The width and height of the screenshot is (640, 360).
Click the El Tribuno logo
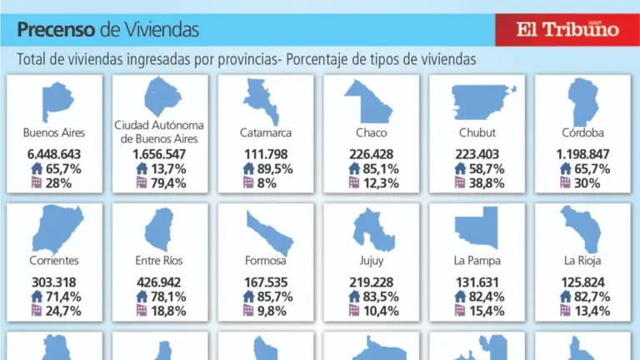(x=567, y=29)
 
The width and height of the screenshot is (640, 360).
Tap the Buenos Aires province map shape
(x=54, y=100)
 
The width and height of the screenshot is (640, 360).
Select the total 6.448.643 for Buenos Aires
(x=54, y=155)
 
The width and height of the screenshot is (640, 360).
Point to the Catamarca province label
(x=266, y=132)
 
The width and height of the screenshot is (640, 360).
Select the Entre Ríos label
(x=160, y=261)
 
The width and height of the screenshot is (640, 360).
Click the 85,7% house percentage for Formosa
(x=274, y=297)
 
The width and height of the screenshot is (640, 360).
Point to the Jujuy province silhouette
(x=372, y=230)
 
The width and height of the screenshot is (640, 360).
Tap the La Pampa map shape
(x=477, y=229)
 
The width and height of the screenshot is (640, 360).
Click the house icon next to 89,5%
(x=248, y=169)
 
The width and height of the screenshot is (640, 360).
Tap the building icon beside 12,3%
(x=354, y=183)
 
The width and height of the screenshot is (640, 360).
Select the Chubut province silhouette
(x=480, y=100)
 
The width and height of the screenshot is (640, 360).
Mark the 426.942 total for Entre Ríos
(x=160, y=282)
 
